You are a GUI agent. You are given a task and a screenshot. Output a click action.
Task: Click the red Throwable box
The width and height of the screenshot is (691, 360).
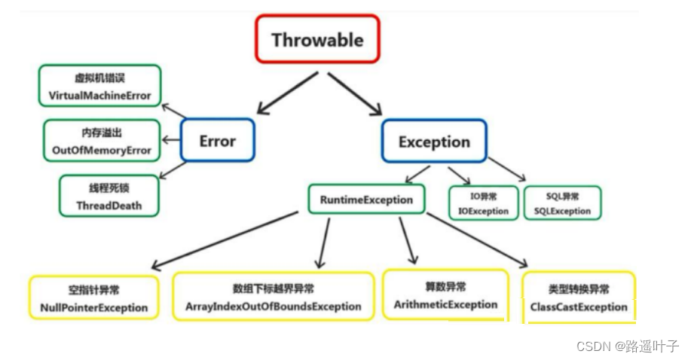(317, 41)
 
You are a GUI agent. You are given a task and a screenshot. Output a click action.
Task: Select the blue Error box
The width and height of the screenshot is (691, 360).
(217, 141)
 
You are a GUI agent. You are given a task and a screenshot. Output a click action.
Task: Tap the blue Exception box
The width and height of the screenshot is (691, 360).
(433, 142)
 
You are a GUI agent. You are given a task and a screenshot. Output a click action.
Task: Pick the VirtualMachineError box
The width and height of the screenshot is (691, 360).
(99, 86)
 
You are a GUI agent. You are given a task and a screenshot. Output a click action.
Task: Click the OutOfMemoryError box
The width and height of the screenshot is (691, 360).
(102, 140)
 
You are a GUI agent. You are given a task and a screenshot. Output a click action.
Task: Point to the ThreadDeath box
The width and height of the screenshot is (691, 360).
(109, 196)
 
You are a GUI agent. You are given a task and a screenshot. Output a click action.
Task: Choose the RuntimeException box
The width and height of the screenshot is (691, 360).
(366, 200)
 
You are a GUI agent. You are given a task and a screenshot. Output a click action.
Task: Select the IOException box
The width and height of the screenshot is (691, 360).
(484, 203)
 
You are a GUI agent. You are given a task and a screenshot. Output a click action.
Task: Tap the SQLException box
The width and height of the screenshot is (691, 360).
(562, 203)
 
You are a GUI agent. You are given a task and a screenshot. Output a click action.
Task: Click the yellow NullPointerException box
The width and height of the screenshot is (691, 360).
(94, 298)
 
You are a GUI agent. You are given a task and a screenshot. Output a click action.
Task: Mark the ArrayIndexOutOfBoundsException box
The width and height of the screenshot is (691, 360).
(273, 297)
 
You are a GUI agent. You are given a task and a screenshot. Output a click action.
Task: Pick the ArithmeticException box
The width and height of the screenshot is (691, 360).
(445, 295)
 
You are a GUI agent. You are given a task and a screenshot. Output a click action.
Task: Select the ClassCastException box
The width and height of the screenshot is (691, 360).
(579, 297)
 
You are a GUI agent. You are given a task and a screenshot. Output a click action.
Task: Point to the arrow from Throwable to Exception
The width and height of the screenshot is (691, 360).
(355, 95)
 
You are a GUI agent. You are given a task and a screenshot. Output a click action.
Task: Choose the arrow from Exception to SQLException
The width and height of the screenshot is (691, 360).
(507, 169)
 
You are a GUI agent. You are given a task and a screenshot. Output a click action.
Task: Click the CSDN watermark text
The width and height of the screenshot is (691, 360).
(627, 346)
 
